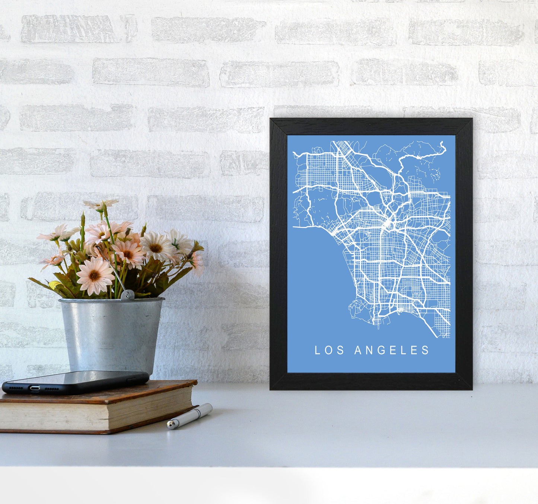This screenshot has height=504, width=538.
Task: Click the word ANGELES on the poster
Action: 392,350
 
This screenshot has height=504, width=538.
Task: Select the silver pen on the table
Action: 190,416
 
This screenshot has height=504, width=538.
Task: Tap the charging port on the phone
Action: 35,388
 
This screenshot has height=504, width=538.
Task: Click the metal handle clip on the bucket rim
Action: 127,295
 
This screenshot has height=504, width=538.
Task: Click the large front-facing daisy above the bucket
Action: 95,276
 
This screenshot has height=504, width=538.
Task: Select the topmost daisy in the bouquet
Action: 101,204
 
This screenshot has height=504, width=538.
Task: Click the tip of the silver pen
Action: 169,425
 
